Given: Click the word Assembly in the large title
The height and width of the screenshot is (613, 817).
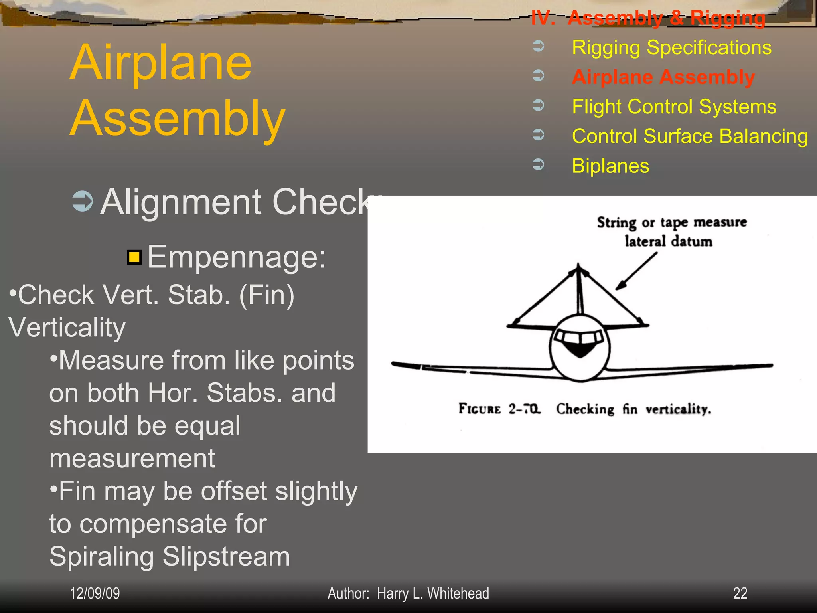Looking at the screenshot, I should click(x=178, y=119).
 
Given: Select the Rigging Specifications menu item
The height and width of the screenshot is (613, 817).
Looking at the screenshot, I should click(x=671, y=47).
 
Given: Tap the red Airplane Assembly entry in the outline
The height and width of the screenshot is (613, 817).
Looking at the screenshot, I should click(x=663, y=77).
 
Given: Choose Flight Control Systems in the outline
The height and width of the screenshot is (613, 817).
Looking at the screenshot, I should click(x=674, y=107).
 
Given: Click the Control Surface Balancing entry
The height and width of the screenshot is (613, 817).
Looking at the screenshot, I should click(x=690, y=136).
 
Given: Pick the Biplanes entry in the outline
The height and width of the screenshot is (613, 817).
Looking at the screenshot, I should click(x=610, y=166).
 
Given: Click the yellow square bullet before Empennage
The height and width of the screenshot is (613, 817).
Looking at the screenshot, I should click(x=134, y=257).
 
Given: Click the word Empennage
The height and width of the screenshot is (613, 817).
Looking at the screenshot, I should click(x=236, y=257).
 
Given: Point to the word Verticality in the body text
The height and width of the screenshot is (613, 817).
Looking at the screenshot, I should click(x=67, y=328).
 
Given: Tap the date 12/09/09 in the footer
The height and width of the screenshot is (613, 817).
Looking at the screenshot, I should click(x=95, y=593).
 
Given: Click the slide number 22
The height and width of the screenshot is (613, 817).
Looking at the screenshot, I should click(x=740, y=593).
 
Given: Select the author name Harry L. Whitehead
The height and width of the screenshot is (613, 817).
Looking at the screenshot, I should click(x=433, y=593).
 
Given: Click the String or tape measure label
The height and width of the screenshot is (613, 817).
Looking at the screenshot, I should click(x=672, y=222).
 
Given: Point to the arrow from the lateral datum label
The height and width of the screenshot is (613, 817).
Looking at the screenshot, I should click(x=636, y=271).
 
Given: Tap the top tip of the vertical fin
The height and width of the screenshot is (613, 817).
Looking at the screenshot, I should click(x=578, y=265).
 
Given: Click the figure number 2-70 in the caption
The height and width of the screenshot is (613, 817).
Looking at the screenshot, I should click(x=524, y=409).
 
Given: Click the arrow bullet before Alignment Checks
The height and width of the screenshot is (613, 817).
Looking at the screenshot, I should click(x=83, y=201).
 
